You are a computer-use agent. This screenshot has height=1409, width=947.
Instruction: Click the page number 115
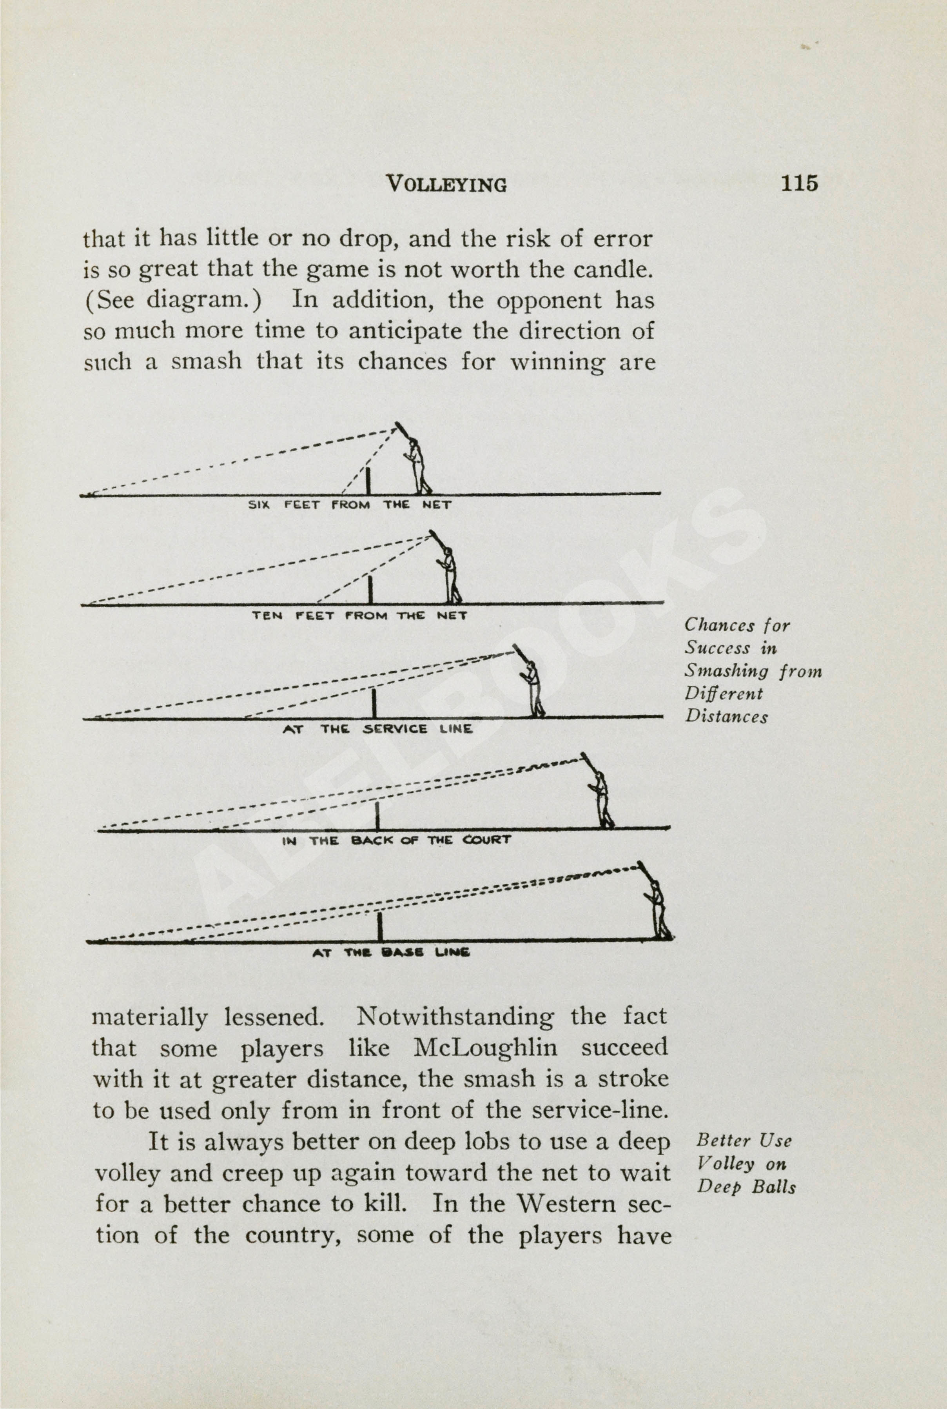(x=799, y=182)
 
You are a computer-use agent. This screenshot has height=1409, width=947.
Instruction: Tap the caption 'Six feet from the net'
(x=350, y=505)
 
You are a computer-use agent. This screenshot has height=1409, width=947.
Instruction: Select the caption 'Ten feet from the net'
(x=359, y=616)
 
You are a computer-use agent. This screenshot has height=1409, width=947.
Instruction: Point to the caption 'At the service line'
(x=377, y=729)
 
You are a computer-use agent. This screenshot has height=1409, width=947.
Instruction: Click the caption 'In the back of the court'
(x=396, y=840)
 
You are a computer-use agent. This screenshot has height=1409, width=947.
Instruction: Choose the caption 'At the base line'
(x=391, y=953)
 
